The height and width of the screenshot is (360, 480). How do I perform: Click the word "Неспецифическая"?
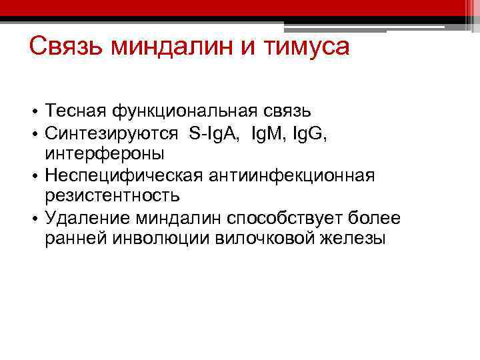click(x=125, y=175)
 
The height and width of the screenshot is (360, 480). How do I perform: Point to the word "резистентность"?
click(x=112, y=196)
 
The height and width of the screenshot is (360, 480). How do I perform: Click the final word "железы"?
click(x=354, y=239)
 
